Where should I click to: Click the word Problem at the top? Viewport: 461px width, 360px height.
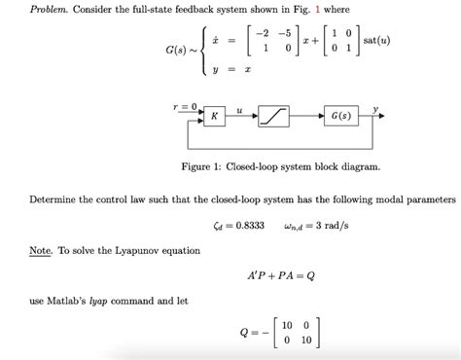(x=29, y=9)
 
